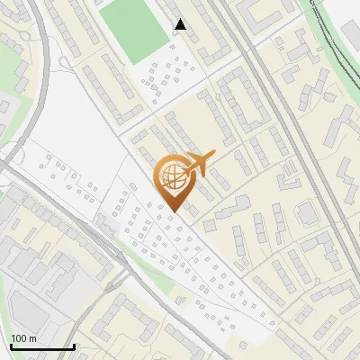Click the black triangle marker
click(181, 24)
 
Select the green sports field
click(134, 31)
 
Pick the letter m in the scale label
click(33, 338)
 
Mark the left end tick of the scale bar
click(11, 346)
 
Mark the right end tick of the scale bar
click(74, 346)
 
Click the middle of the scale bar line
click(42, 347)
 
